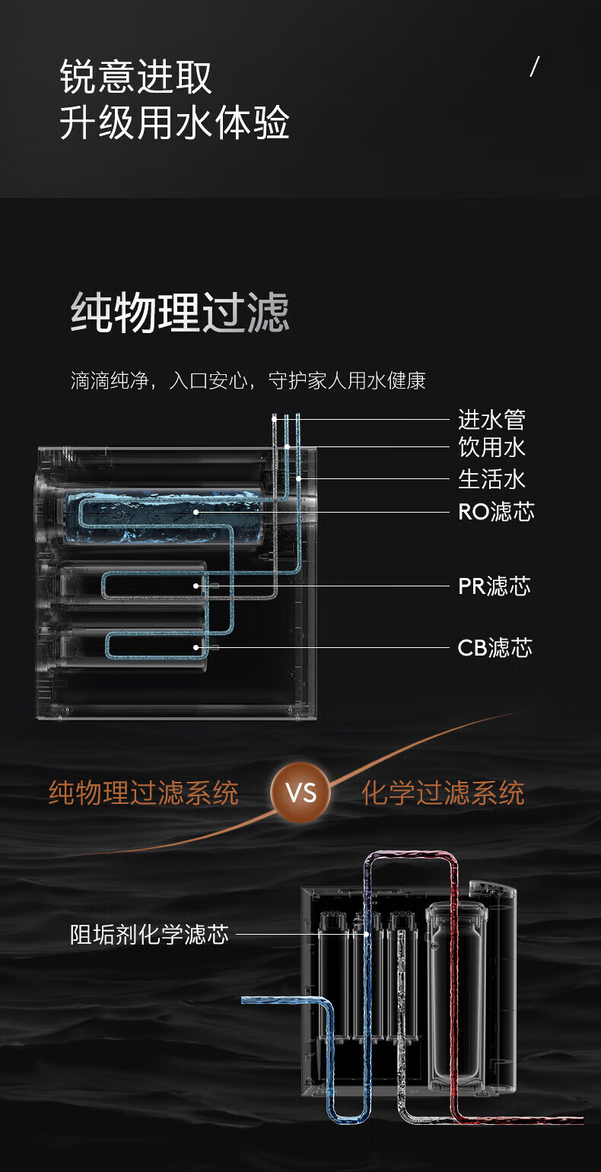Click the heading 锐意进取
[x=136, y=78]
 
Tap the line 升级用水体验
[x=174, y=123]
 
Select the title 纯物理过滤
[x=180, y=313]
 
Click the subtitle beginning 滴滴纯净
[x=248, y=380]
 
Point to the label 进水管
[x=491, y=419]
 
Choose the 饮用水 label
[x=491, y=447]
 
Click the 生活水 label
[x=491, y=479]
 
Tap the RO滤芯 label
[x=496, y=512]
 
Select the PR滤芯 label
[x=494, y=586]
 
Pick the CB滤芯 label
[x=494, y=648]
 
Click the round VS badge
[x=300, y=793]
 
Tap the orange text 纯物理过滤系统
[x=144, y=793]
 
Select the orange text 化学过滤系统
[x=443, y=793]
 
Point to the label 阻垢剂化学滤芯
[x=149, y=934]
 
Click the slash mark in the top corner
[x=534, y=67]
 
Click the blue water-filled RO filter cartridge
[x=164, y=517]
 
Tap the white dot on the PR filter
[x=196, y=586]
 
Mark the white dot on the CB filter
[x=196, y=647]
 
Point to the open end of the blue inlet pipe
[x=246, y=999]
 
